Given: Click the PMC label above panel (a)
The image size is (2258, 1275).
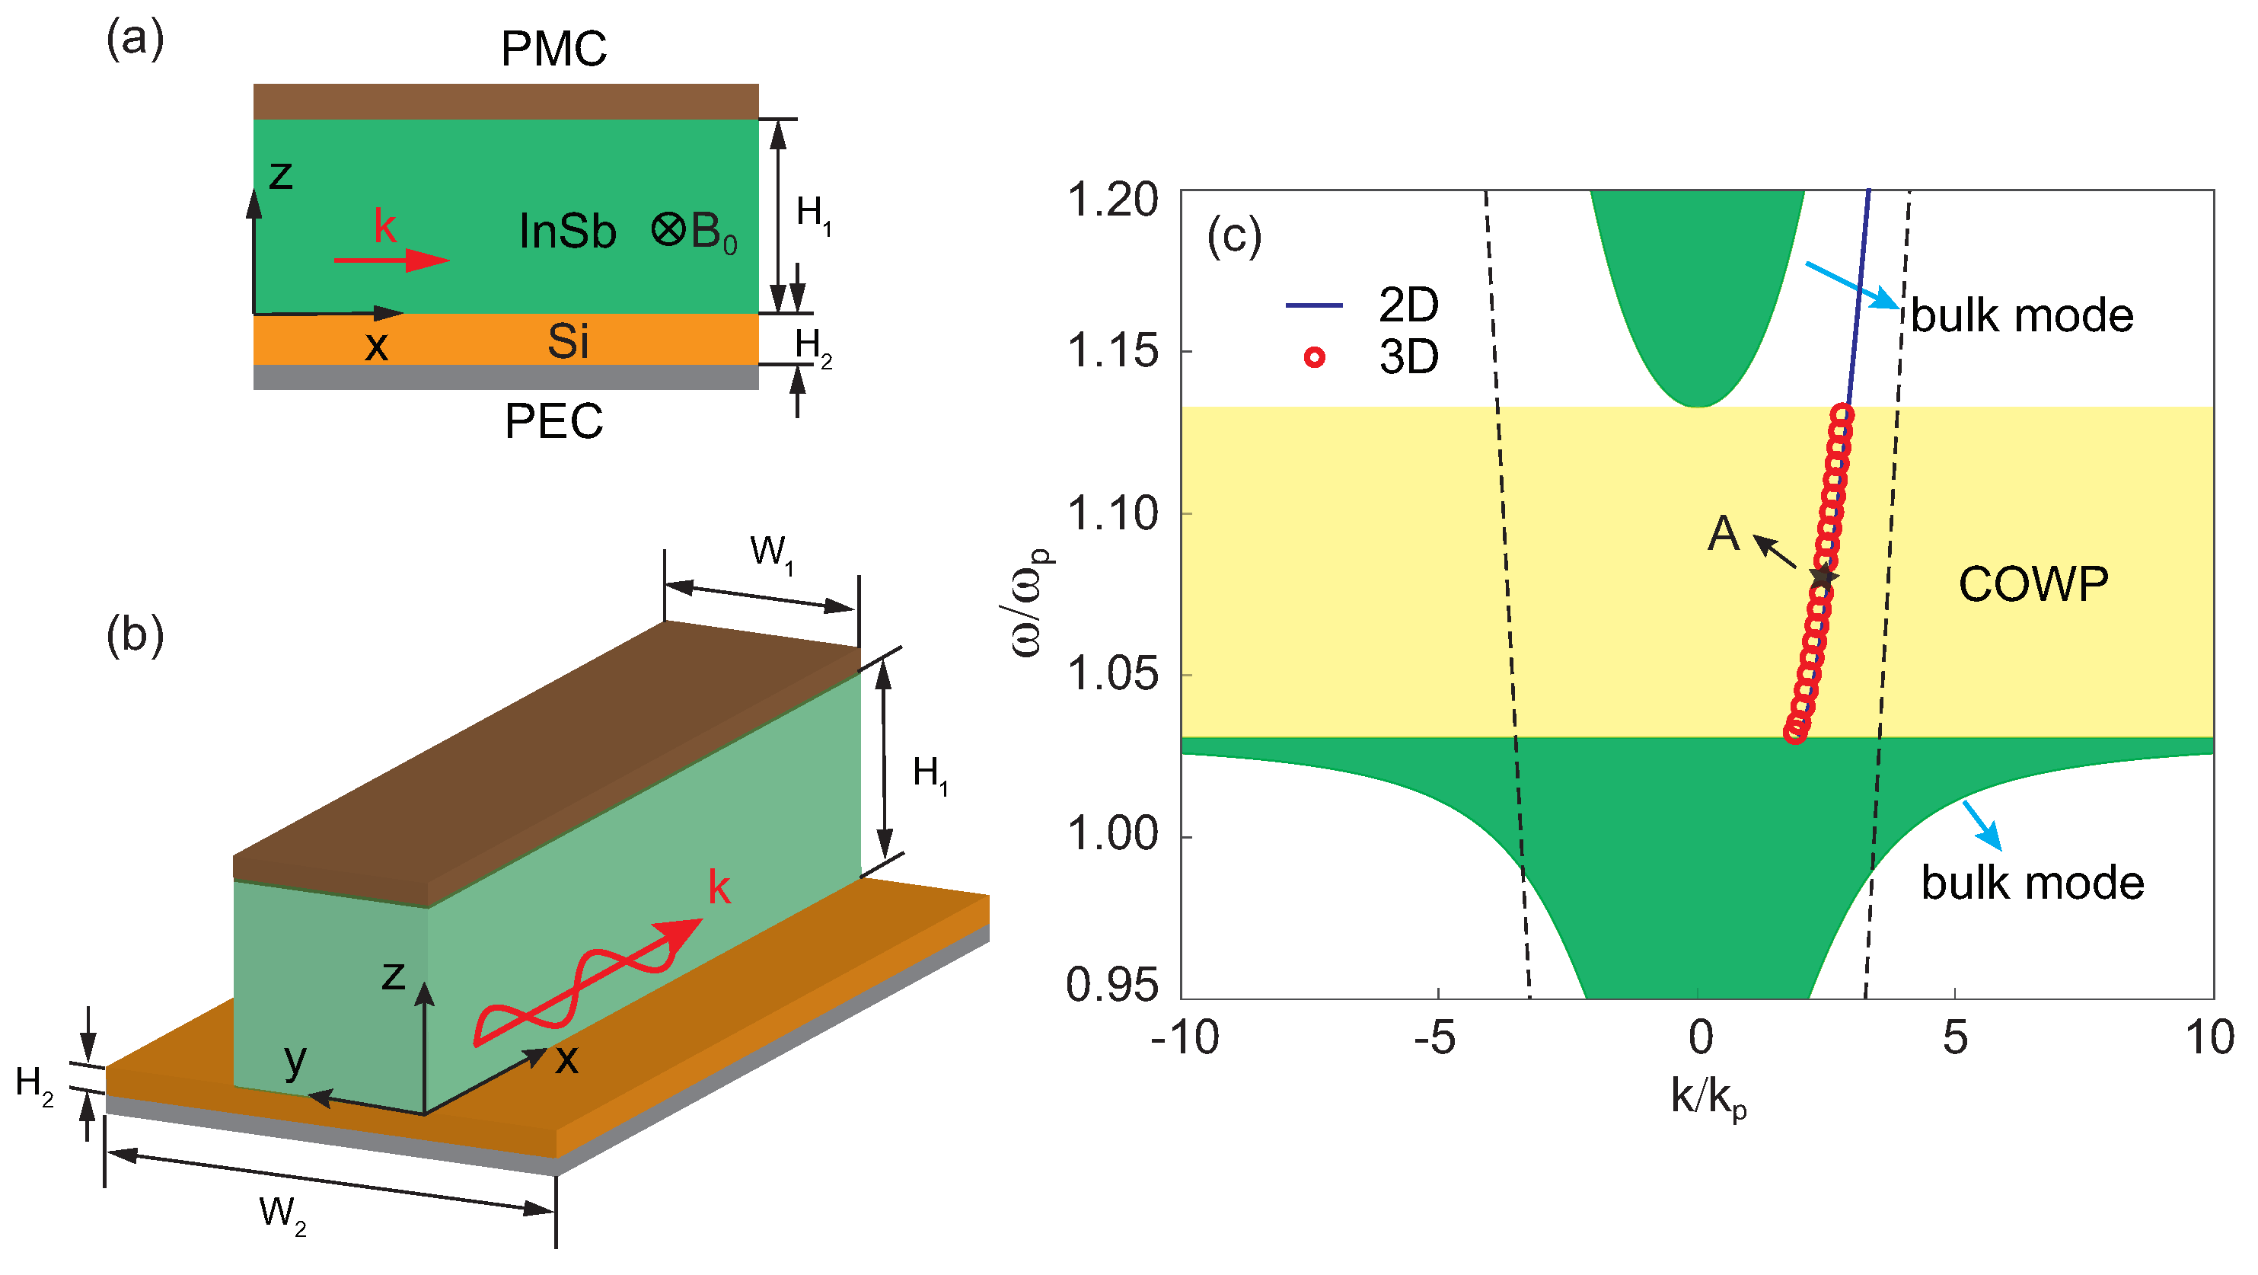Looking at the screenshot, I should [x=553, y=49].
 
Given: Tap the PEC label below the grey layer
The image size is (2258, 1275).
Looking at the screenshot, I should [x=553, y=422].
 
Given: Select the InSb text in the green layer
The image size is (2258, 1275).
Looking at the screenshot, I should [x=567, y=232].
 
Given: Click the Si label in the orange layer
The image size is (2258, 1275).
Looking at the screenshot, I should [x=567, y=341].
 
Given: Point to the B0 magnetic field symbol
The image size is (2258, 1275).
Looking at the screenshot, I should [x=694, y=232].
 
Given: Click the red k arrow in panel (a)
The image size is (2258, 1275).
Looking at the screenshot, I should [x=392, y=260].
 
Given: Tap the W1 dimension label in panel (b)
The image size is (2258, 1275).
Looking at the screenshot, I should [x=771, y=553].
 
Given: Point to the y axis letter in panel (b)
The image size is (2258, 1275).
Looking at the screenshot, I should [x=295, y=1059].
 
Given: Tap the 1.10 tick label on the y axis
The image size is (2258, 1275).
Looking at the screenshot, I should [x=1112, y=514].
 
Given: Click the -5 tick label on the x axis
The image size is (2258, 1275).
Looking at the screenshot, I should [x=1435, y=1039].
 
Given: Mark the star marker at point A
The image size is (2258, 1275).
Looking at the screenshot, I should [x=1823, y=576].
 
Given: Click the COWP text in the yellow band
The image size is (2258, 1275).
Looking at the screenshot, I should [x=2033, y=584].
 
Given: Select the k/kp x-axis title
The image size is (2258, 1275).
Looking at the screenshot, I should [x=1708, y=1097].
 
